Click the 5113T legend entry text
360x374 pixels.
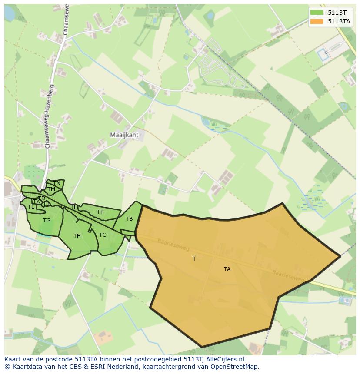(337, 13)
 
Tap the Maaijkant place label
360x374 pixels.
(124, 135)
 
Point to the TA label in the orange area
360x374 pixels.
(227, 269)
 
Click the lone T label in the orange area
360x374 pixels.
(194, 259)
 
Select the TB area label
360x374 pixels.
(129, 219)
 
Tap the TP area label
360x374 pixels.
(100, 212)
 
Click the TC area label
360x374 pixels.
(103, 235)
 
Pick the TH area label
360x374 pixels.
(77, 236)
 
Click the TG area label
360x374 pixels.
(47, 221)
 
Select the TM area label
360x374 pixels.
(51, 189)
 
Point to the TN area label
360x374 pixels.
(57, 183)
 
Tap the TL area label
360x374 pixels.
(31, 207)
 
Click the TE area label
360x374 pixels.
(74, 207)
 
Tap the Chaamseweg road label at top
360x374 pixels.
(66, 20)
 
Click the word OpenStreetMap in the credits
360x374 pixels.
(236, 367)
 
